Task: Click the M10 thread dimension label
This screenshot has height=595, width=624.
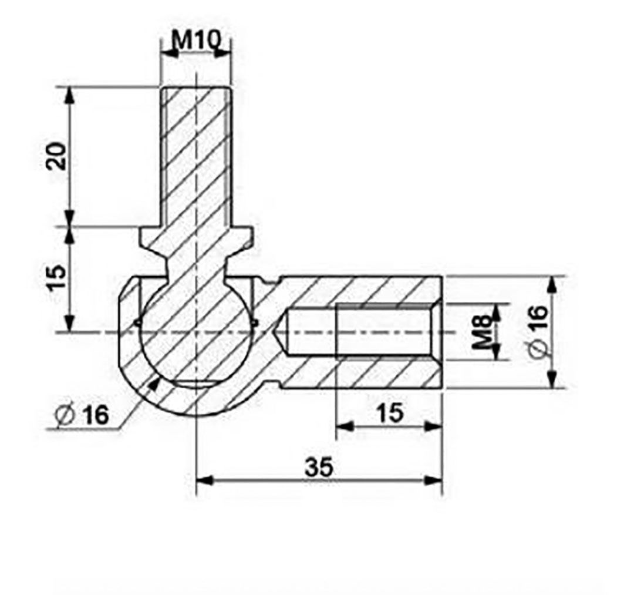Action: click(196, 40)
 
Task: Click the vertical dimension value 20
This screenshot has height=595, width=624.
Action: click(56, 156)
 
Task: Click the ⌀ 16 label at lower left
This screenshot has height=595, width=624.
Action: click(82, 415)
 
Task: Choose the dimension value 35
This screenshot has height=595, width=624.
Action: click(319, 467)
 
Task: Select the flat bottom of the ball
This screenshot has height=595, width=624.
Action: click(195, 382)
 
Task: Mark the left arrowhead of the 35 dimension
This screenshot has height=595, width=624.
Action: click(201, 480)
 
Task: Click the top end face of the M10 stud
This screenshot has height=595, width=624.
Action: click(195, 88)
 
